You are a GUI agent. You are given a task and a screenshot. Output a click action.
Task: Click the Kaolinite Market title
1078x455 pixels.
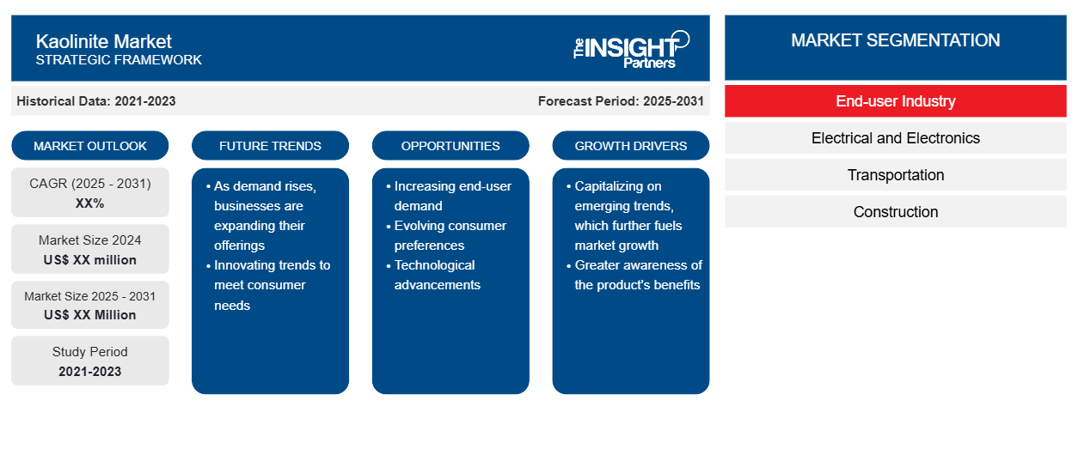pyautogui.click(x=103, y=41)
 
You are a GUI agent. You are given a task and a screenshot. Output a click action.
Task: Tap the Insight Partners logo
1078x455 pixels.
pyautogui.click(x=631, y=50)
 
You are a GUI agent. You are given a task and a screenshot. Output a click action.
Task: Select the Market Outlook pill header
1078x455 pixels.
pyautogui.click(x=90, y=146)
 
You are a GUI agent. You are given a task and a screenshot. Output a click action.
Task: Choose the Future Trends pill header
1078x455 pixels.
pyautogui.click(x=270, y=146)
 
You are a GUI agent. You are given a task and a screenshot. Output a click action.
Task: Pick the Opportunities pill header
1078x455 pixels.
pyautogui.click(x=450, y=146)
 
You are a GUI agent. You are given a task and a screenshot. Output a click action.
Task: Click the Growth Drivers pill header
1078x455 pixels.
pyautogui.click(x=630, y=146)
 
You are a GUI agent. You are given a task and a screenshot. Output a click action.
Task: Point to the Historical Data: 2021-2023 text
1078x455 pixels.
pyautogui.click(x=96, y=101)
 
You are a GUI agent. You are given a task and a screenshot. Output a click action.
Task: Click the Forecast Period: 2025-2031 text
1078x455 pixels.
pyautogui.click(x=621, y=101)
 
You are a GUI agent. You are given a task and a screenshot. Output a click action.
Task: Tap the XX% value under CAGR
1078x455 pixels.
pyautogui.click(x=90, y=203)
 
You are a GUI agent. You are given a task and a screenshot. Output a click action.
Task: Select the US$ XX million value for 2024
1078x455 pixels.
pyautogui.click(x=90, y=260)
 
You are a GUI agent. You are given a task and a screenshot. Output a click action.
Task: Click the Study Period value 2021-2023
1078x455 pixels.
pyautogui.click(x=90, y=372)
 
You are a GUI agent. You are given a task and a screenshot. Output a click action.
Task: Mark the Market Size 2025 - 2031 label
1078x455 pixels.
pyautogui.click(x=90, y=296)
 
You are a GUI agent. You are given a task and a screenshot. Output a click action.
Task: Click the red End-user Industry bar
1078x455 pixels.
pyautogui.click(x=896, y=101)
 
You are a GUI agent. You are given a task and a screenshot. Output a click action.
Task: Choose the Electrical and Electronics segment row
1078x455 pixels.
pyautogui.click(x=896, y=138)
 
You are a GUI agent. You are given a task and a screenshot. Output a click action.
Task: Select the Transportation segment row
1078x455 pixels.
pyautogui.click(x=896, y=175)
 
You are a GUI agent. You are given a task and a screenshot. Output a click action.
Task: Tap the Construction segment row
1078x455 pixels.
pyautogui.click(x=896, y=212)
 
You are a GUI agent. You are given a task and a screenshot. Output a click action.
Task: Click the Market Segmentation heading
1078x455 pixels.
pyautogui.click(x=896, y=40)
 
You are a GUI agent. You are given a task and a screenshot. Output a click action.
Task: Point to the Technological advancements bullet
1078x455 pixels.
pyautogui.click(x=434, y=275)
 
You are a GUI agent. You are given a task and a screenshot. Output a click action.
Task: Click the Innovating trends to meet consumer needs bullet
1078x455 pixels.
pyautogui.click(x=268, y=285)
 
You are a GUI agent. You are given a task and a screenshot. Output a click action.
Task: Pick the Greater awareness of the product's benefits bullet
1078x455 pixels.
pyautogui.click(x=634, y=275)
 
